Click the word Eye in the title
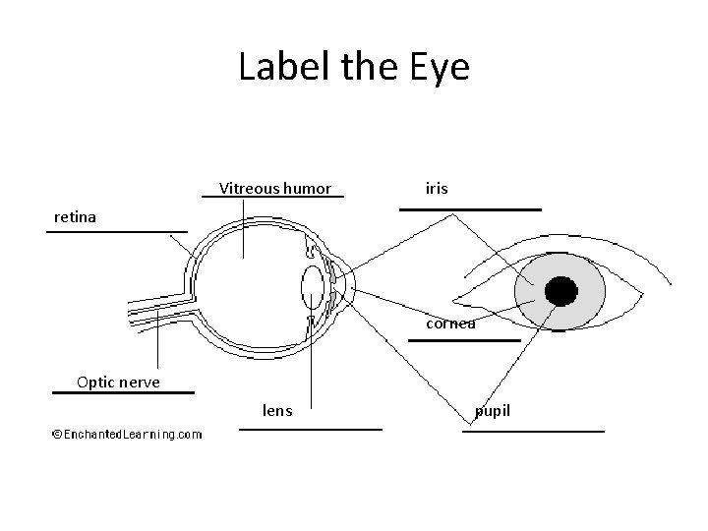(440, 68)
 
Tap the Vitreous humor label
(275, 188)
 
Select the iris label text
(437, 187)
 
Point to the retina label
(76, 216)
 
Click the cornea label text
(451, 323)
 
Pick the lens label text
(277, 410)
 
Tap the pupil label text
(493, 410)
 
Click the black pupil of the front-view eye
(560, 291)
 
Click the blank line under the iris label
(470, 209)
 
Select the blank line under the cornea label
(463, 340)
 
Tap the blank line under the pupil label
(533, 431)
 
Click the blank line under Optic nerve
(123, 392)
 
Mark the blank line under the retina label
(116, 232)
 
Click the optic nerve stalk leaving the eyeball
(157, 307)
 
